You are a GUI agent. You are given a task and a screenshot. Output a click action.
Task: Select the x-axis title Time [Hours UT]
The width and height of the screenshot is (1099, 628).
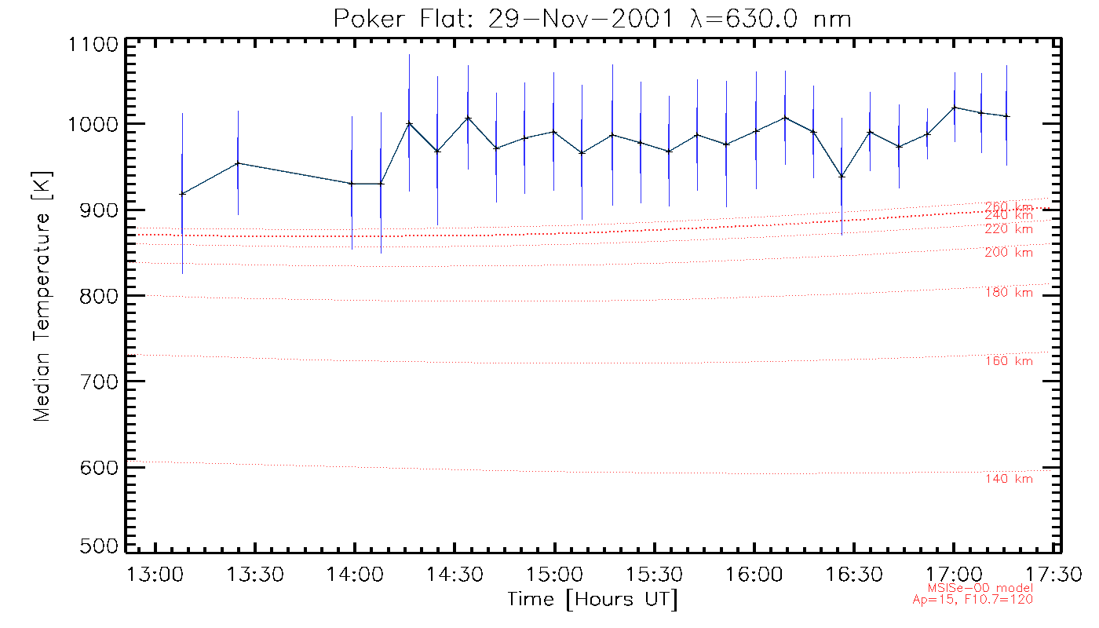point(593,600)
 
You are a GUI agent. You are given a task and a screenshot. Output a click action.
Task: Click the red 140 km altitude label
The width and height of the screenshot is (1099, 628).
point(1009,480)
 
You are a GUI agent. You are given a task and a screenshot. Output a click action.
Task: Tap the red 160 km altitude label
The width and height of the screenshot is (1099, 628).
point(1009,361)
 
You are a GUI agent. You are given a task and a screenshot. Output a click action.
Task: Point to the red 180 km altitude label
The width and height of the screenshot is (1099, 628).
point(1009,293)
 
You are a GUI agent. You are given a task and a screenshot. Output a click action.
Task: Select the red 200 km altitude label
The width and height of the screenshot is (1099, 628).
point(1009,253)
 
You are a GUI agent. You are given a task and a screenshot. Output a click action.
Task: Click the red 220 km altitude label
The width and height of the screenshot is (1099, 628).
point(1009,229)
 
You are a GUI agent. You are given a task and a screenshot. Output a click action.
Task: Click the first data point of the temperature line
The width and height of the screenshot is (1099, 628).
point(182,193)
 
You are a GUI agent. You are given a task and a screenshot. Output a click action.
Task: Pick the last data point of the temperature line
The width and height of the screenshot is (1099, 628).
point(1007,116)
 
